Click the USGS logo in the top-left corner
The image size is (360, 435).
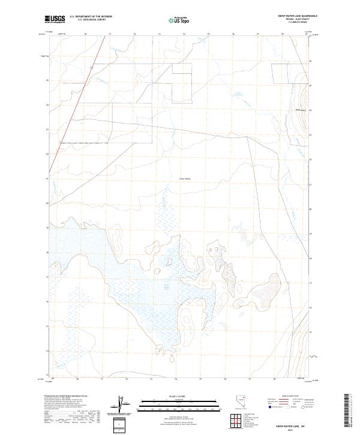click(x=55, y=19)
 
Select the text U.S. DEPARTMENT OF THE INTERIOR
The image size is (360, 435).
click(x=91, y=17)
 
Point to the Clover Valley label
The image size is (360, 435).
click(x=184, y=178)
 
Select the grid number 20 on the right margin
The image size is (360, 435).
click(x=310, y=209)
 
